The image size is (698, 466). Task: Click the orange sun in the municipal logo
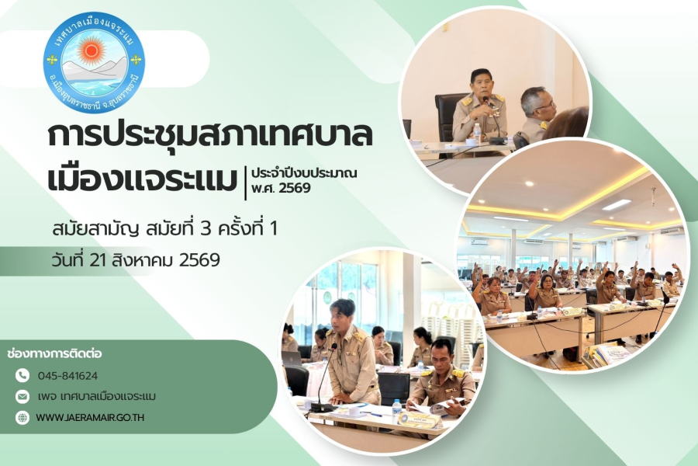[92, 50]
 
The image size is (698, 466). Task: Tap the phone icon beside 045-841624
[22, 375]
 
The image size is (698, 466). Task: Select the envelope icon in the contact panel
[22, 396]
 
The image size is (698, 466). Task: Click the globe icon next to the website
[22, 417]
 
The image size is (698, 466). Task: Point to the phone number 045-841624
[67, 376]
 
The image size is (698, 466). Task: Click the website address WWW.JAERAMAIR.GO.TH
[90, 418]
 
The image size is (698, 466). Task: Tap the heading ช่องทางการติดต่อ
[55, 353]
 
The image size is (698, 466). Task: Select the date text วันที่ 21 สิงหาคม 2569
[136, 259]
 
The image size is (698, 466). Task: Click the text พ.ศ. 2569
[281, 188]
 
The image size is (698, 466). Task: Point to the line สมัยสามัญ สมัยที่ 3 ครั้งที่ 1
[164, 229]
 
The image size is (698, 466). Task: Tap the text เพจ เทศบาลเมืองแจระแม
[97, 396]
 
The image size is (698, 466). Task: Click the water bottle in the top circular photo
[477, 134]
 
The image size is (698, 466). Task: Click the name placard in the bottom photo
[419, 419]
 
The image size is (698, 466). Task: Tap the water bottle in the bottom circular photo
[396, 412]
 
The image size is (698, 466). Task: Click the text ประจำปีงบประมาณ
[304, 173]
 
